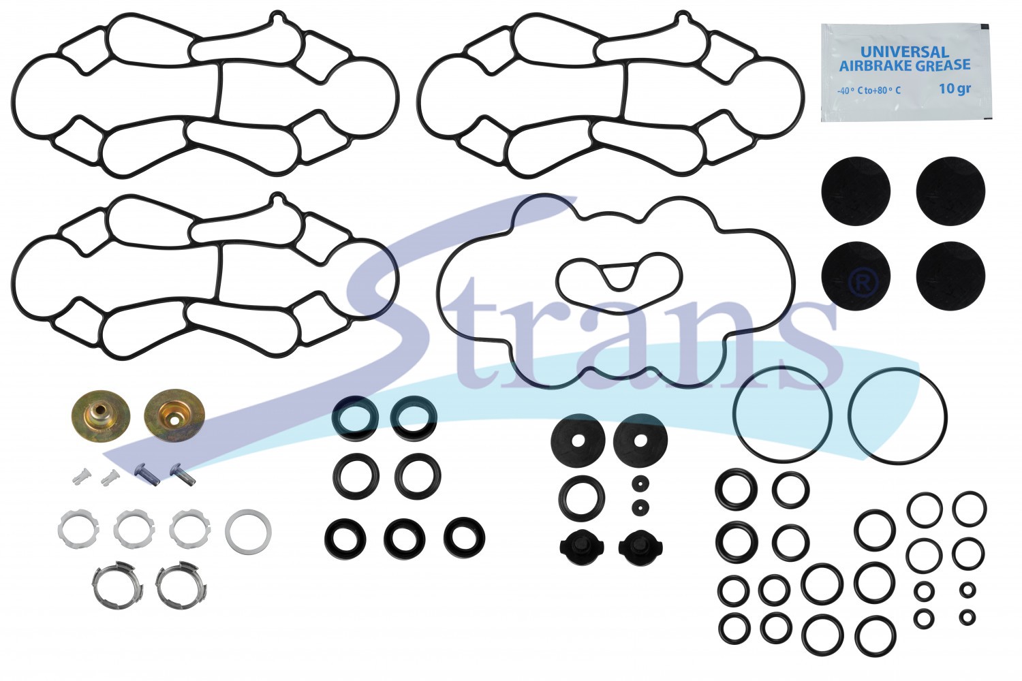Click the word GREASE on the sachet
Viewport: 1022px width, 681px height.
tap(938, 65)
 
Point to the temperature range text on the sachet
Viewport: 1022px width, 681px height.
tap(869, 91)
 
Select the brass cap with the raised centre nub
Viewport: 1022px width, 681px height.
tap(101, 415)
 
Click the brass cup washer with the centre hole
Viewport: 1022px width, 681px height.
tap(174, 415)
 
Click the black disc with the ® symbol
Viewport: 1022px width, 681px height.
tap(855, 276)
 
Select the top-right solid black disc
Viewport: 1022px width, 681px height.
tap(950, 191)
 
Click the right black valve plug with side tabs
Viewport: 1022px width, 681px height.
tap(640, 548)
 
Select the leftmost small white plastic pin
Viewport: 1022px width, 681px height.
tap(81, 477)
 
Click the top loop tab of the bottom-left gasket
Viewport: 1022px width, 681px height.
tap(277, 200)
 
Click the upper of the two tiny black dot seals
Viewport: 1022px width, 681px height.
tap(640, 483)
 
